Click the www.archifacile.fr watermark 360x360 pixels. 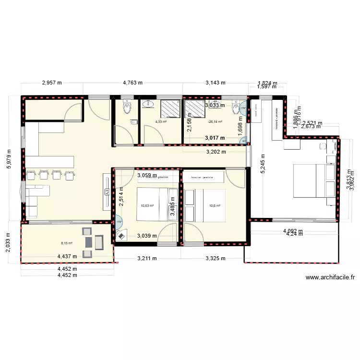point(330,277)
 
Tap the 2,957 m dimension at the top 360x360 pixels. point(52,83)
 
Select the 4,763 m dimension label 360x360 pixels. point(132,83)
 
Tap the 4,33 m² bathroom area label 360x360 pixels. point(161,122)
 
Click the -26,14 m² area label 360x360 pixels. point(215,122)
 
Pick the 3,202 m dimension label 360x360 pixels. point(215,153)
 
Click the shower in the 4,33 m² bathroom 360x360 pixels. point(169,108)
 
